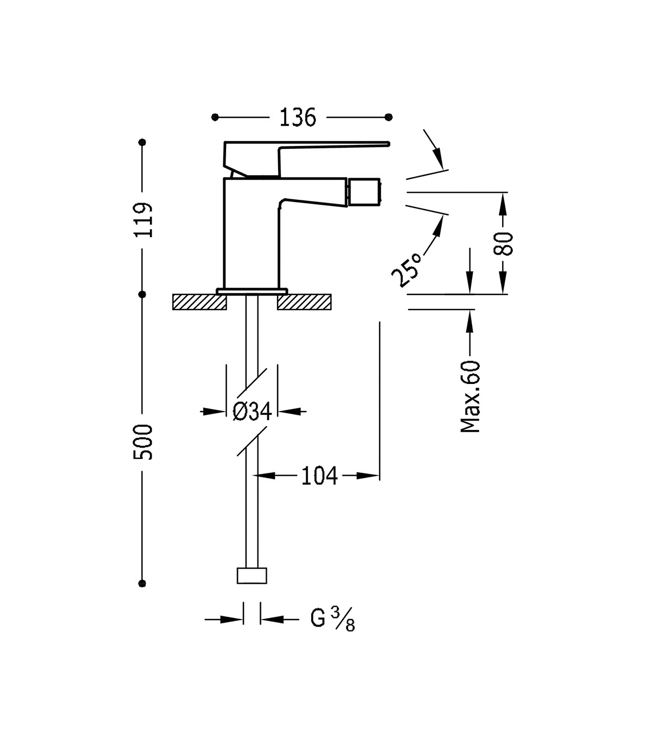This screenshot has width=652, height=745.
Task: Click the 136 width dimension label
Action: point(298,118)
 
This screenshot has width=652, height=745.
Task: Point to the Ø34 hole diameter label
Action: point(252,412)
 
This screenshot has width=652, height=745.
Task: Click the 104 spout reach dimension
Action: point(319,476)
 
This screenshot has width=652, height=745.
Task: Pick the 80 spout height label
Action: point(503,243)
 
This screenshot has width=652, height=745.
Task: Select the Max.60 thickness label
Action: point(470,397)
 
